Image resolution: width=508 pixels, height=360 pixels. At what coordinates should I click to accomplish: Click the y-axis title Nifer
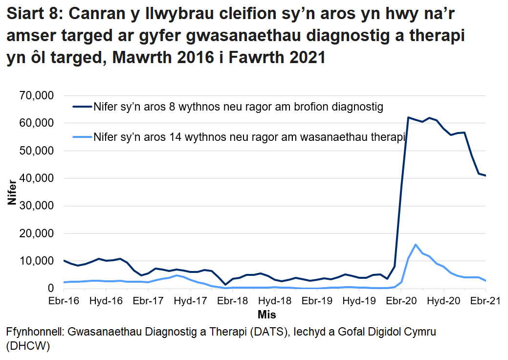tap(12, 192)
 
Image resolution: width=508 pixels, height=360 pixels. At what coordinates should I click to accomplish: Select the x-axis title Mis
tap(267, 314)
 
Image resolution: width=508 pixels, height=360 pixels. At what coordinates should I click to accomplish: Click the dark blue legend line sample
tap(82, 106)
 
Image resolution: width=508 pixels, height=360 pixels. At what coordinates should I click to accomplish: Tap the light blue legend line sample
tap(82, 137)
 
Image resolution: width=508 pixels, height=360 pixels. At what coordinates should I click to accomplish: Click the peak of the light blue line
tap(415, 245)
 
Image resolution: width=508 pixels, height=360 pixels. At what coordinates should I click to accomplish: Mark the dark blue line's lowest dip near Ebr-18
tap(225, 285)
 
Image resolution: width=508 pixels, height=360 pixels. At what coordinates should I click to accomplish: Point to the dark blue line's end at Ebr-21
tap(485, 176)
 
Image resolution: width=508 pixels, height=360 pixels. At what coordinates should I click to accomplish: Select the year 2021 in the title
tap(304, 58)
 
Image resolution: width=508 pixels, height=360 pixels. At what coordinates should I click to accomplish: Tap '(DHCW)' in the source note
tap(28, 346)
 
